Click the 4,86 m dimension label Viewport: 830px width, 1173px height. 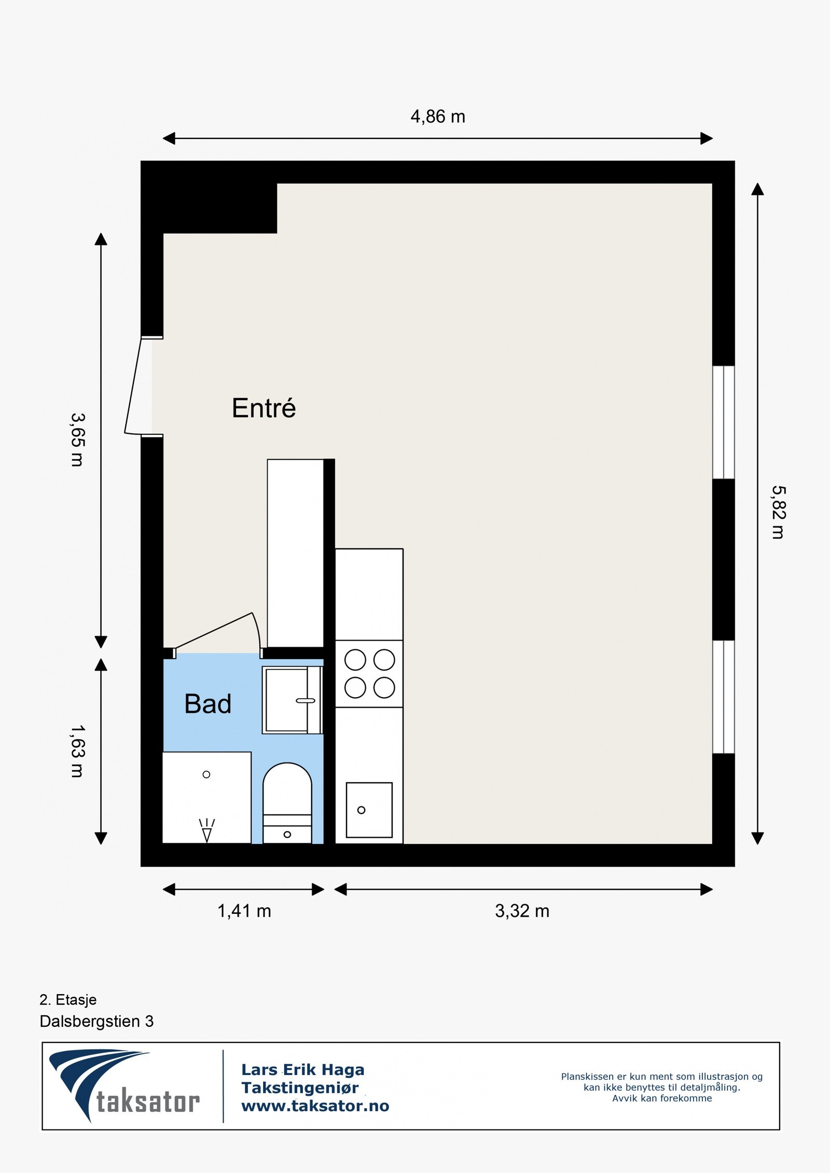pyautogui.click(x=437, y=117)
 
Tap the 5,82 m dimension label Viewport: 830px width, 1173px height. pyautogui.click(x=778, y=512)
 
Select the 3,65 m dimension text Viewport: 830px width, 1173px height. pyautogui.click(x=77, y=440)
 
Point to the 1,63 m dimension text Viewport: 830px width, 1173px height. pyautogui.click(x=77, y=751)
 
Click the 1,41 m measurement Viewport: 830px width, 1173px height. pyautogui.click(x=244, y=911)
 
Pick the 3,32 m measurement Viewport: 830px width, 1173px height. pyautogui.click(x=522, y=911)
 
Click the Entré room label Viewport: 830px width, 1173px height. pyautogui.click(x=264, y=408)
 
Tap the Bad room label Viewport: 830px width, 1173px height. pyautogui.click(x=208, y=704)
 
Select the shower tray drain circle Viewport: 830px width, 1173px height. pyautogui.click(x=206, y=774)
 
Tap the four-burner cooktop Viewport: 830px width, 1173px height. pyautogui.click(x=369, y=674)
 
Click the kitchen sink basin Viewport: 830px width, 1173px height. pyautogui.click(x=369, y=810)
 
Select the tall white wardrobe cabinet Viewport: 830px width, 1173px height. pyautogui.click(x=295, y=553)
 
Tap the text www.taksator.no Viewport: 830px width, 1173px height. pyautogui.click(x=315, y=1106)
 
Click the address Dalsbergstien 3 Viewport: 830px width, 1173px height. pyautogui.click(x=96, y=1021)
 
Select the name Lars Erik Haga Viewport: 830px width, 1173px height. pyautogui.click(x=302, y=1069)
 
